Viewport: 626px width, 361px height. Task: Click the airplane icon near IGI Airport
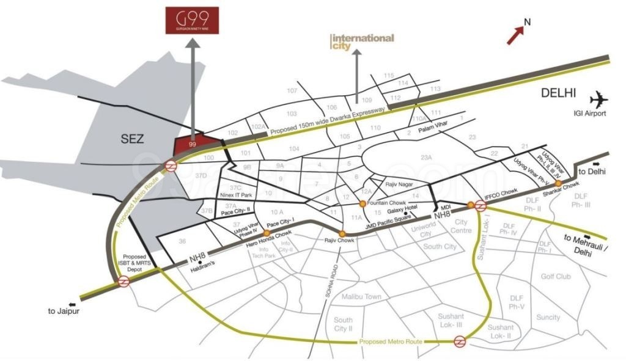[601, 100]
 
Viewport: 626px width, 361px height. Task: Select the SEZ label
[131, 139]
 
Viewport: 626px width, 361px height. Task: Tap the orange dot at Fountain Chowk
[363, 203]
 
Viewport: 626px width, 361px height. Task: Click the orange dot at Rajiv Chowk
[342, 233]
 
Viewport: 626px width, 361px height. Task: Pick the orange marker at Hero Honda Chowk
[266, 233]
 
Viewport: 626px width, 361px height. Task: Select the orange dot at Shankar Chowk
[558, 183]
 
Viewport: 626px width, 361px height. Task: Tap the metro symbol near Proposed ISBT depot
[123, 282]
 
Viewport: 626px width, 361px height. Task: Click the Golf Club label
[555, 277]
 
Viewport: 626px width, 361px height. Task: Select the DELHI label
[558, 93]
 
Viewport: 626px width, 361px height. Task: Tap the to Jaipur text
[64, 310]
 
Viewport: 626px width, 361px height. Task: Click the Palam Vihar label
[434, 130]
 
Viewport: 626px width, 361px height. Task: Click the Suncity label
[548, 318]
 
